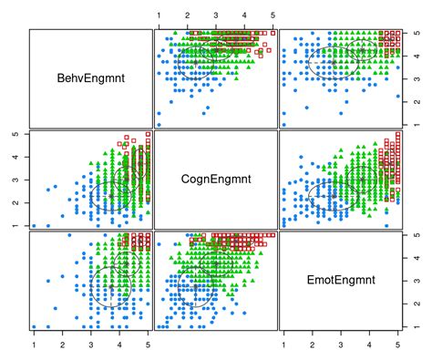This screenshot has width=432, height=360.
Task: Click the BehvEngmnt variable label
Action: [89, 78]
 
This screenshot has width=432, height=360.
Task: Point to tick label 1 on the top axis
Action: [159, 15]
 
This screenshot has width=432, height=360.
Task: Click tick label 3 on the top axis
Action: [216, 15]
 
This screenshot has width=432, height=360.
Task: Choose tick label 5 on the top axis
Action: [273, 15]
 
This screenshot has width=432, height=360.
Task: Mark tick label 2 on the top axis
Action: [187, 15]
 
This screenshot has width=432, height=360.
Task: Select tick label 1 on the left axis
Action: [15, 224]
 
